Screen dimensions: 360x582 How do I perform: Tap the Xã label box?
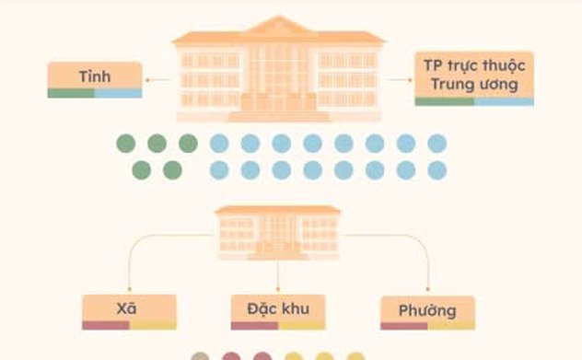[x=128, y=310]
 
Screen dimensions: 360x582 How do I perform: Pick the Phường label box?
[x=426, y=311]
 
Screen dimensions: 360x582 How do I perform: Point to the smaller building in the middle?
[x=277, y=230]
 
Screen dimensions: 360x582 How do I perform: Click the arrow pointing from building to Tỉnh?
[x=159, y=80]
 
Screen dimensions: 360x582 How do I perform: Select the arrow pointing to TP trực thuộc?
[x=399, y=80]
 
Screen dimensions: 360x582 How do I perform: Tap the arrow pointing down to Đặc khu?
[x=277, y=276]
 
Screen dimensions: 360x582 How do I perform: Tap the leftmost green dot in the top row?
[x=126, y=144]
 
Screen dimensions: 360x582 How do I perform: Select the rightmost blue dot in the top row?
[x=436, y=144]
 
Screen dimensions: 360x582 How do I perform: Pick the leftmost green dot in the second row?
[x=142, y=170]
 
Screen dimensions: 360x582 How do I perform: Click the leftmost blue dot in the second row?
[x=219, y=170]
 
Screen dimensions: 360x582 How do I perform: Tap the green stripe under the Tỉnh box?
[x=71, y=93]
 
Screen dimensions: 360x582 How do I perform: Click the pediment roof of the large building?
[x=278, y=25]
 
